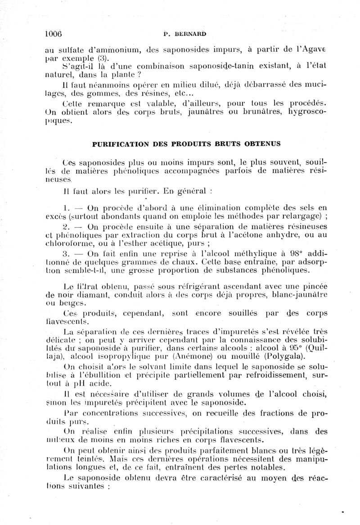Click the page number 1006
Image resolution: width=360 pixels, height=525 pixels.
coord(54,33)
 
